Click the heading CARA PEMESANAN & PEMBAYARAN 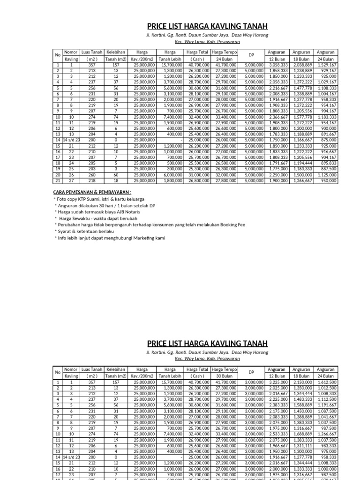(92, 192)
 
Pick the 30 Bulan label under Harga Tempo (225, 376)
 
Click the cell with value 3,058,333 (277, 65)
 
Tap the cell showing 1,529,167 (326, 65)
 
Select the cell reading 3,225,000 (277, 382)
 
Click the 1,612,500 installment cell (326, 382)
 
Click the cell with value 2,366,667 (277, 117)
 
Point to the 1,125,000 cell (326, 175)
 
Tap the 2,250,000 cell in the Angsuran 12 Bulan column (277, 175)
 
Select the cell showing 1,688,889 (301, 434)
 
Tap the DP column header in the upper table (251, 55)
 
